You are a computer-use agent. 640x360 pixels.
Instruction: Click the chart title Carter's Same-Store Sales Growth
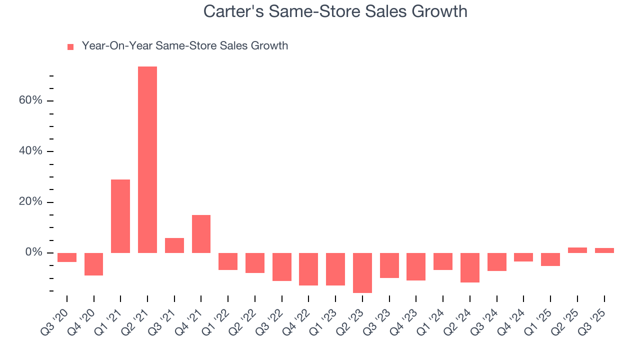335,11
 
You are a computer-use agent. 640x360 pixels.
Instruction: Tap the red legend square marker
70,46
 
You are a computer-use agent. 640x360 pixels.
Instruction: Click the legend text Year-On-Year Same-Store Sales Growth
184,46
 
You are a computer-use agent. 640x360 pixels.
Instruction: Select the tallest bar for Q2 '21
147,159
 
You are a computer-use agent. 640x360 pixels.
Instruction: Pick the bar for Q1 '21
120,216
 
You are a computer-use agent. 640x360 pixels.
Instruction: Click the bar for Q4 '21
201,234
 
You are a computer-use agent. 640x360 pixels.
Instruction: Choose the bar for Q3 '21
174,245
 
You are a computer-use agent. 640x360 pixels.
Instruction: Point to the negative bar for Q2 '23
362,272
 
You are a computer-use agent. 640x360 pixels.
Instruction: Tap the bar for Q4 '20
93,264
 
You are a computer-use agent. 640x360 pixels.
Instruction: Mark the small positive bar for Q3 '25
604,250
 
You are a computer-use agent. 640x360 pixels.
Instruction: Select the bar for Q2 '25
577,250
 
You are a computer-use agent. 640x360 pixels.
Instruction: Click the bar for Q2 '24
470,267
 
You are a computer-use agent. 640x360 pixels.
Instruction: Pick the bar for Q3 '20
67,257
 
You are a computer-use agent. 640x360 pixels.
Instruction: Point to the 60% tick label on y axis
30,100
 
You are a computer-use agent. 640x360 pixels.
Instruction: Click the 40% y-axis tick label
30,151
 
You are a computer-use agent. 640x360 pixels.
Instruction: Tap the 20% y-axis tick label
30,202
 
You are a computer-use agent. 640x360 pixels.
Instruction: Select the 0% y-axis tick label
33,253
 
